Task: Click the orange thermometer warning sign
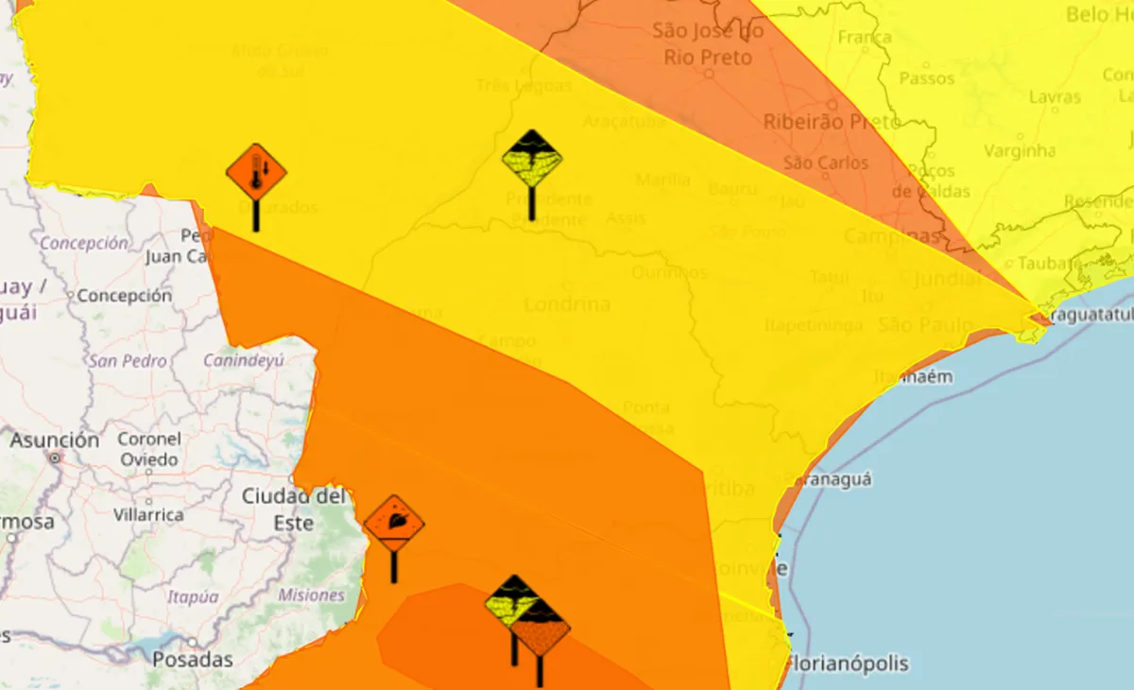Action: [256, 172]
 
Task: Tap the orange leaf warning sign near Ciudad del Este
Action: [394, 523]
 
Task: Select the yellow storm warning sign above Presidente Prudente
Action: [532, 159]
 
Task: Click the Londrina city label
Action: [566, 304]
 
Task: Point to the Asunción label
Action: [55, 440]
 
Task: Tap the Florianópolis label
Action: [849, 663]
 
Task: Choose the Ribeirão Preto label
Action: [818, 121]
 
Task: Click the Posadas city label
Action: [192, 659]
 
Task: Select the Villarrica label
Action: [148, 515]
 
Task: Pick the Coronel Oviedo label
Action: [149, 449]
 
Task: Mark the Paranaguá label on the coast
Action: [830, 479]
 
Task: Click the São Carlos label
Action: [826, 163]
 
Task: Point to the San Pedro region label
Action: [128, 360]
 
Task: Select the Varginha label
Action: [1020, 150]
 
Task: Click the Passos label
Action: [926, 78]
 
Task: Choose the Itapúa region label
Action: [193, 596]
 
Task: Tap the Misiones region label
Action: [312, 595]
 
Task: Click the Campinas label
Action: [892, 236]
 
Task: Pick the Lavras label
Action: [1055, 96]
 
